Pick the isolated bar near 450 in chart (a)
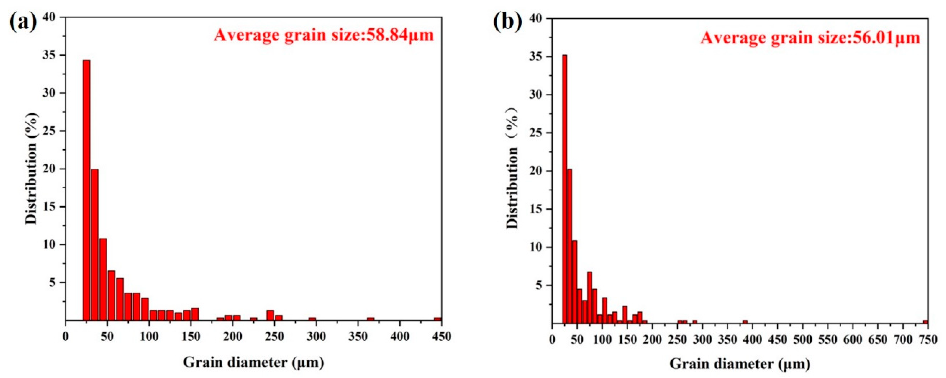[x=437, y=319]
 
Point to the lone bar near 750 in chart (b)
[x=925, y=322]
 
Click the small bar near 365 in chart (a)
[x=370, y=319]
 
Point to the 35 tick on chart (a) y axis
[x=51, y=55]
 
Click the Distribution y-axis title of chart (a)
[x=32, y=169]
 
